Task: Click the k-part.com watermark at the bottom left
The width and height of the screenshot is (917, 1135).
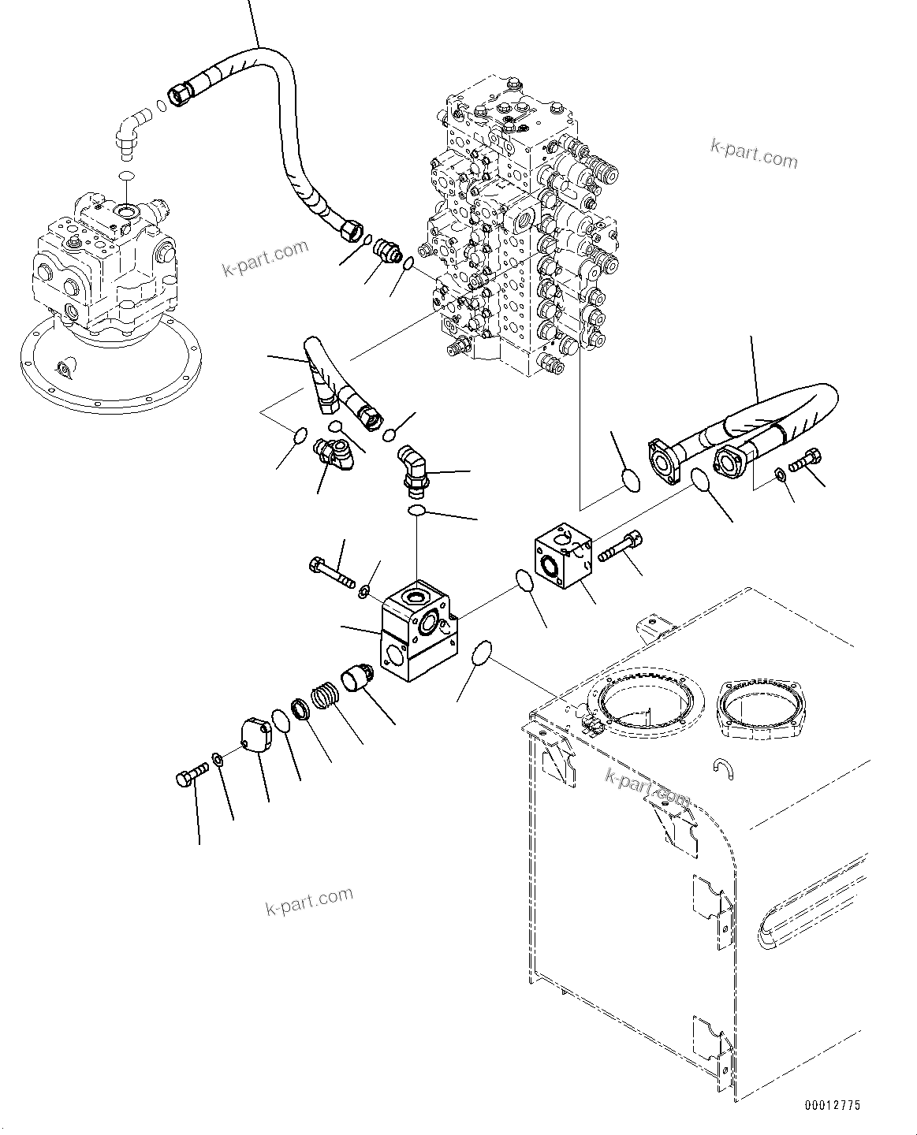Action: (x=309, y=900)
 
